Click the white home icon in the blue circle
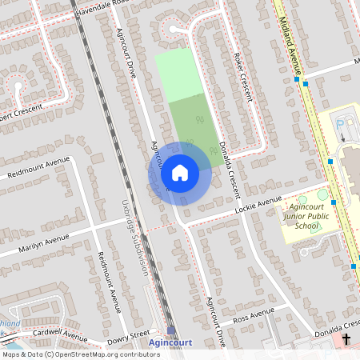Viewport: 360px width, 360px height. tap(180, 172)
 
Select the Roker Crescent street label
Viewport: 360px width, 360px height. tap(243, 77)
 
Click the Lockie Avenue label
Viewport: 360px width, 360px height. tap(259, 205)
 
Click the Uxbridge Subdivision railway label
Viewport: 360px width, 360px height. tap(134, 237)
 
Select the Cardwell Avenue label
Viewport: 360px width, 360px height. tap(60, 334)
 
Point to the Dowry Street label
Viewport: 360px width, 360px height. tap(128, 334)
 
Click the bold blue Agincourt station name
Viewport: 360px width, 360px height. tap(170, 343)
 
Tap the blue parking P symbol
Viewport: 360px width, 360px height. tap(342, 125)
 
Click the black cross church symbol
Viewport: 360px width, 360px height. tap(346, 340)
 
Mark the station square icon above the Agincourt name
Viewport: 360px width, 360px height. tap(171, 330)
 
